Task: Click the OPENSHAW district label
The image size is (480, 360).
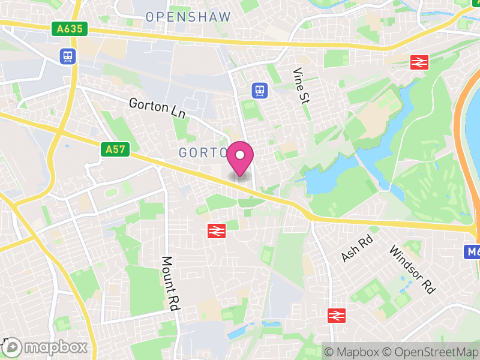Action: [x=188, y=17]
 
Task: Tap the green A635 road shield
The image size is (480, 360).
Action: [x=70, y=28]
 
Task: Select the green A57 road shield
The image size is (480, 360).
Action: [x=115, y=149]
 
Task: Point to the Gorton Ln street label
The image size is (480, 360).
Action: [x=157, y=108]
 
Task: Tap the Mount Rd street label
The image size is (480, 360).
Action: [x=171, y=283]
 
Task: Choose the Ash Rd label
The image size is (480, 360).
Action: [x=358, y=248]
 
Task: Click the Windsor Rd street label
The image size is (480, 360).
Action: [x=412, y=269]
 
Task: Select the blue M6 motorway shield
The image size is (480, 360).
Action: [x=472, y=252]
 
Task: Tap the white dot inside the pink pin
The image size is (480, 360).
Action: [x=240, y=155]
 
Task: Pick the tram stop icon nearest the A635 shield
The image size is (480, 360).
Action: [x=67, y=56]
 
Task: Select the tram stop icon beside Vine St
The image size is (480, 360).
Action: [x=259, y=90]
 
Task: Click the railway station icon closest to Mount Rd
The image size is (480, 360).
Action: [x=216, y=230]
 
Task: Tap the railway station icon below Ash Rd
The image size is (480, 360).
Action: [x=337, y=315]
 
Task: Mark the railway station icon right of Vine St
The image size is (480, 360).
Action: [x=418, y=61]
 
